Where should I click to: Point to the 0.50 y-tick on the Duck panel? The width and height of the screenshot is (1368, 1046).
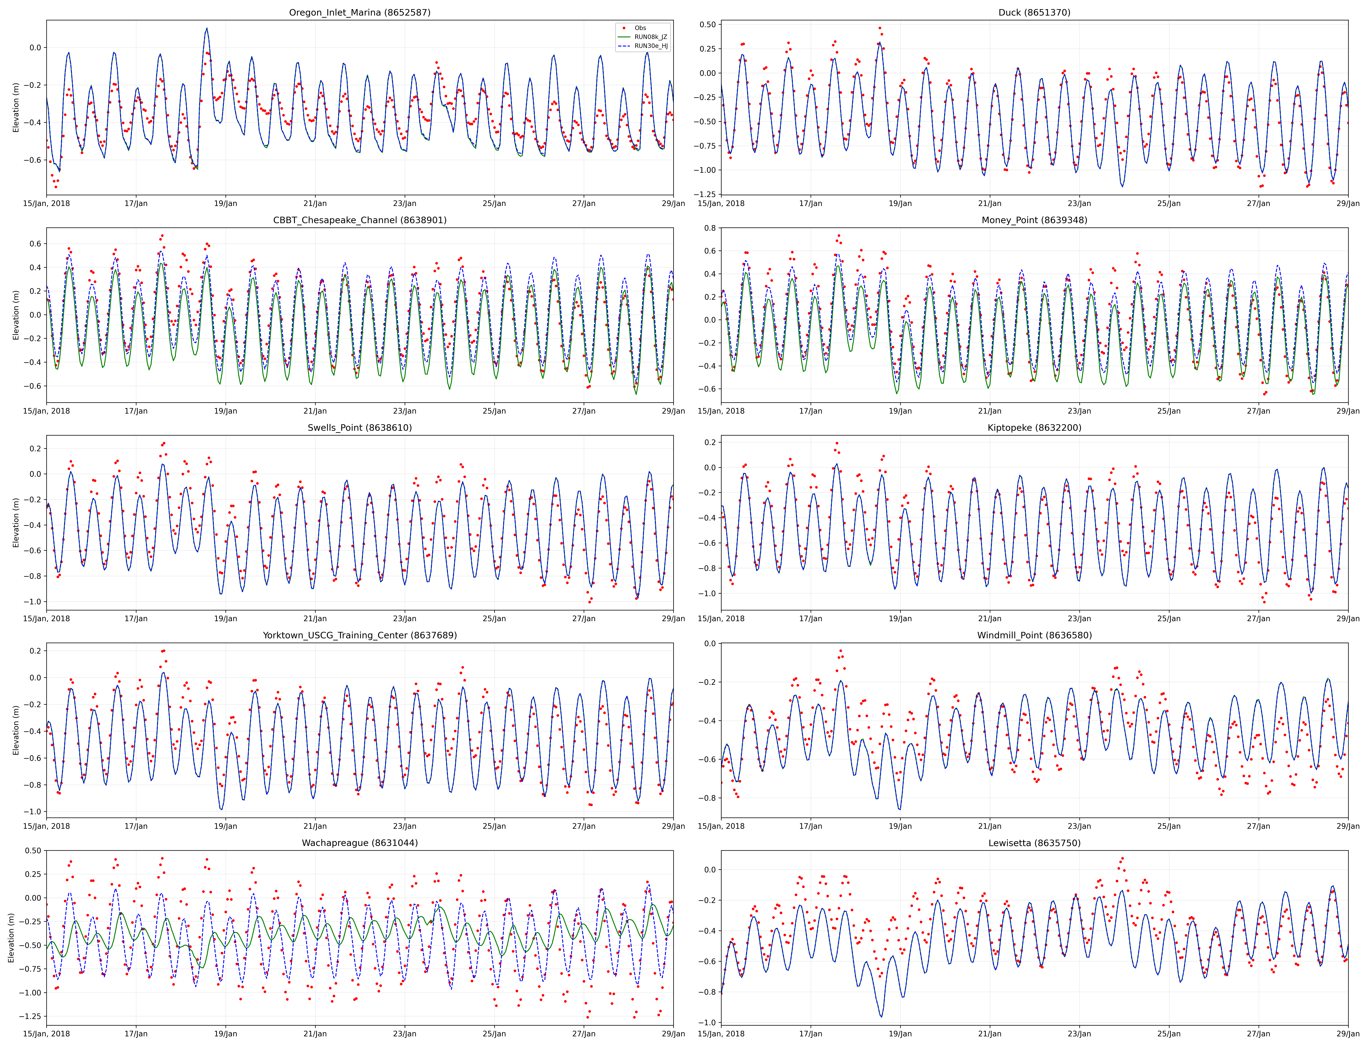pos(707,25)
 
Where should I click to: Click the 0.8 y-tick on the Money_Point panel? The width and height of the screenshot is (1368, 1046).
pos(710,228)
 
